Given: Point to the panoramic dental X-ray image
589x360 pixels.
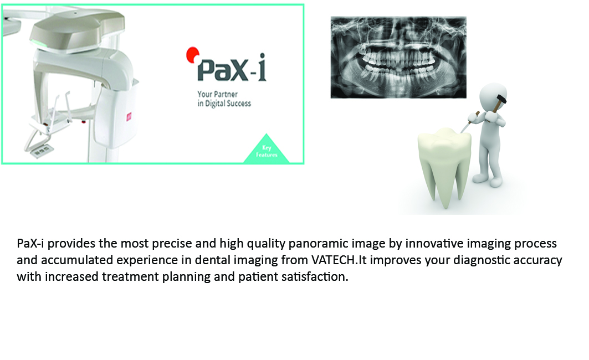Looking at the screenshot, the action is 398,58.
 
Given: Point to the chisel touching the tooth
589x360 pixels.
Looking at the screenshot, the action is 470,122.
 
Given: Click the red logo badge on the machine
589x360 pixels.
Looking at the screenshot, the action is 129,117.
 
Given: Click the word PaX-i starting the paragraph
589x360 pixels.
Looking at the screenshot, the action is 30,243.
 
